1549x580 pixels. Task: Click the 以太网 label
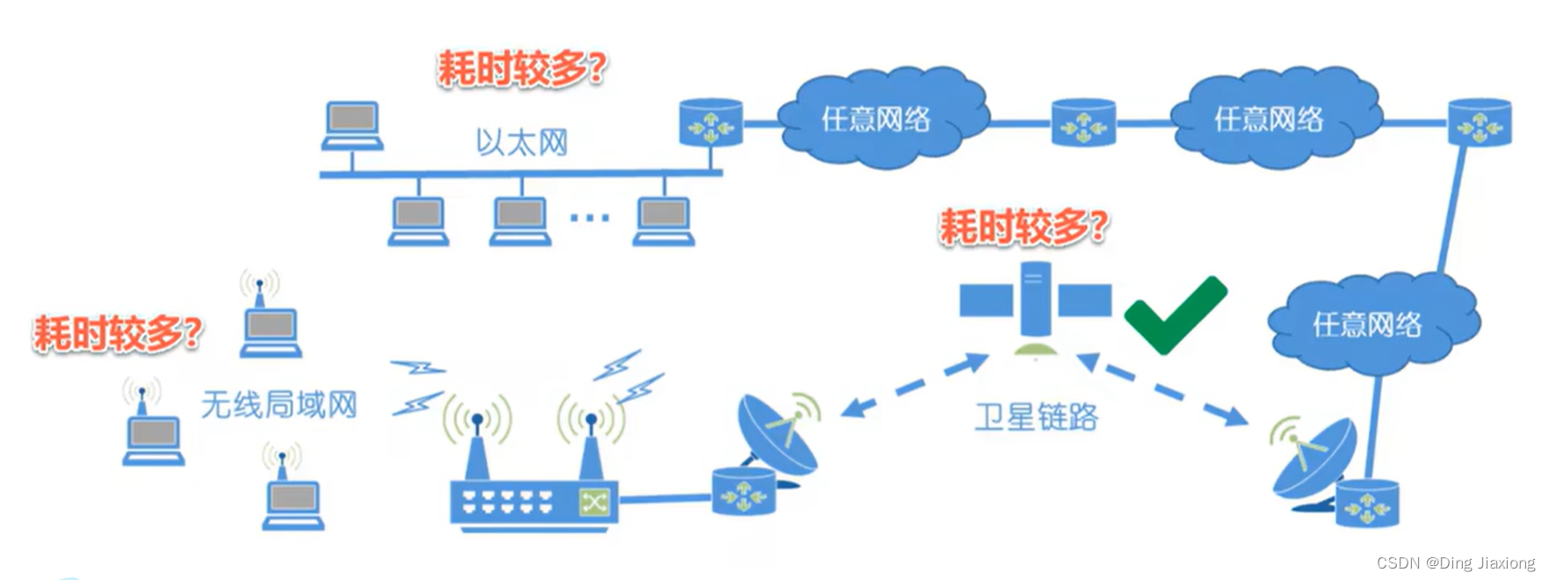[522, 142]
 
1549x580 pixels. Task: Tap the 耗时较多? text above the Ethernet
[522, 69]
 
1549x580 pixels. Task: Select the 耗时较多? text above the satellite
[1024, 228]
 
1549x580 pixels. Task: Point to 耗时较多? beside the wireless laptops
[118, 334]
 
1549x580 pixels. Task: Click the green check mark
[1175, 315]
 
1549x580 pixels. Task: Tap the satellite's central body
[1035, 300]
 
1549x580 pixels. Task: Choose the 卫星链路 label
[1037, 417]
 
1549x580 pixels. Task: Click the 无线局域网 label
[279, 405]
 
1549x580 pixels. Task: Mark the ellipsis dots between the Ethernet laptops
[590, 217]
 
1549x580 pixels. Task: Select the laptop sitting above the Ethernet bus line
[352, 126]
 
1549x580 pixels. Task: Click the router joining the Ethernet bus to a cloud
[711, 123]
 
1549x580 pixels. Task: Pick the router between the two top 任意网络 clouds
[1083, 122]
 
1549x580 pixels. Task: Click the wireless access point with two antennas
[534, 501]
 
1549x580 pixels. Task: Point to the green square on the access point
[595, 502]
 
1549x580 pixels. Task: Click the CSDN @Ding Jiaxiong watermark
[1455, 563]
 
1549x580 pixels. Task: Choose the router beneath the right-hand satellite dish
[1366, 504]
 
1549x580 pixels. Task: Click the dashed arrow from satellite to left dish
[914, 385]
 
